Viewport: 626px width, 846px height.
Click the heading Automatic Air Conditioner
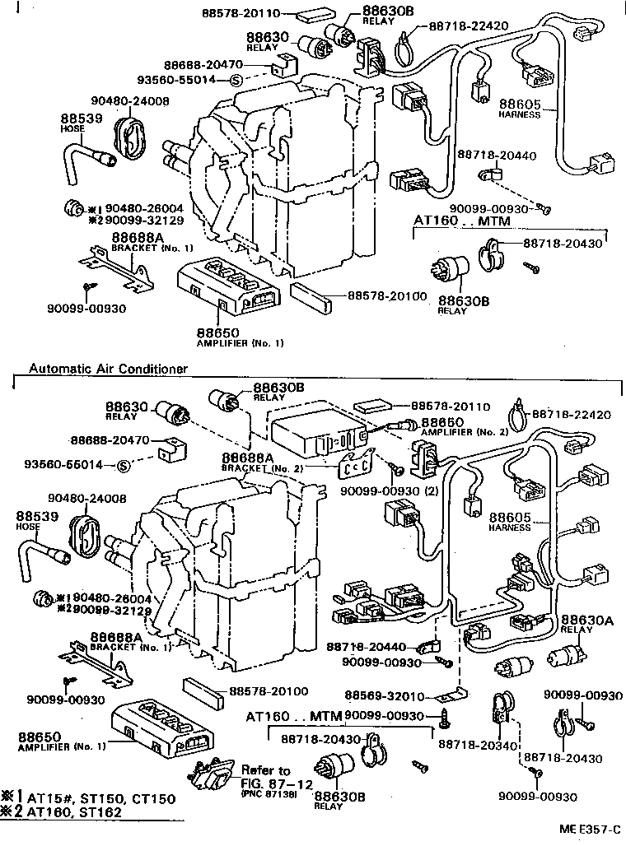108,369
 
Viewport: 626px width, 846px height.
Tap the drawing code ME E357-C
586,834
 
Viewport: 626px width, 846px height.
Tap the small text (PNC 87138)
269,794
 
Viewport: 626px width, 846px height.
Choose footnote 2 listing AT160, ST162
69,812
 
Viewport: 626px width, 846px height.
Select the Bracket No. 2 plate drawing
357,464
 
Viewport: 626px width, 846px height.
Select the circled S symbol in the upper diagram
235,80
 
